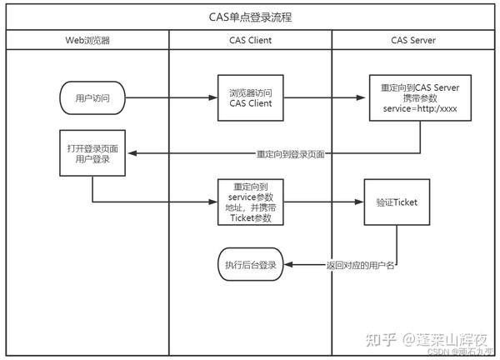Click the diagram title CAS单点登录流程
point(250,17)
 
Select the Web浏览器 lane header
point(87,40)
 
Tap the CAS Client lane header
point(250,40)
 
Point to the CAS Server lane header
point(414,40)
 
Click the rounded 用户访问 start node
point(92,98)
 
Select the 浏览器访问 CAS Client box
point(251,98)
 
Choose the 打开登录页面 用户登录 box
point(92,152)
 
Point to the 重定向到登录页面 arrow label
point(291,153)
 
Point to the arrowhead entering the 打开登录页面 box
point(132,153)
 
